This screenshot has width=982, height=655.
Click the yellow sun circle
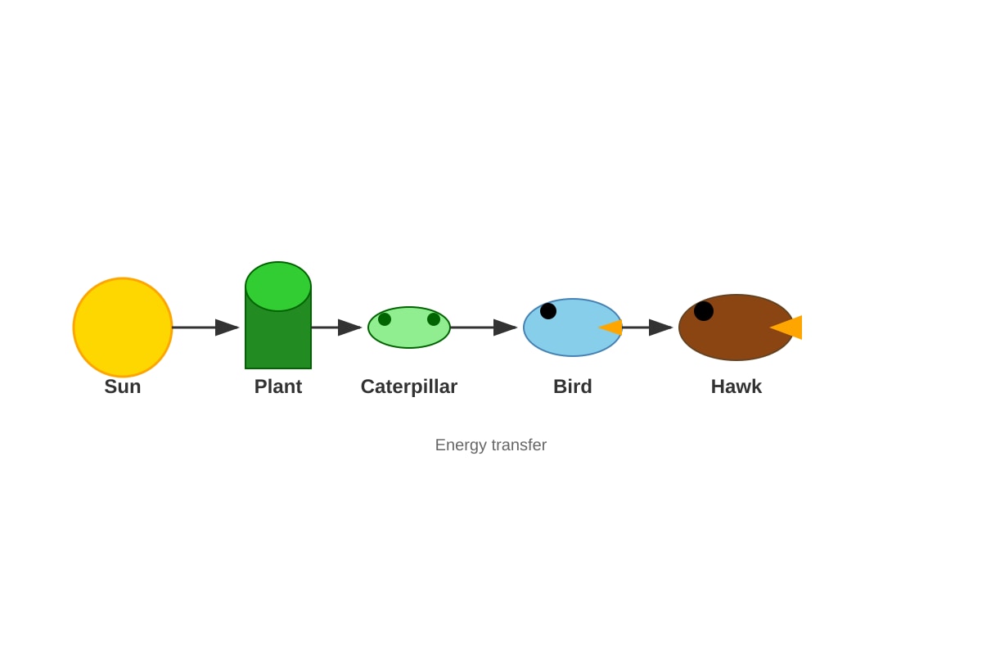pyautogui.click(x=123, y=327)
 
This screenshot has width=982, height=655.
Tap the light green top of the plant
pyautogui.click(x=278, y=286)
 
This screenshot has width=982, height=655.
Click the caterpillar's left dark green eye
pyautogui.click(x=385, y=319)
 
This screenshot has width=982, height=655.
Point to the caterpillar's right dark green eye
pyautogui.click(x=434, y=319)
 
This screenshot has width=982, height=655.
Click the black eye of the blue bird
pyautogui.click(x=548, y=311)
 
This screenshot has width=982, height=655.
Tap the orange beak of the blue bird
pyautogui.click(x=610, y=327)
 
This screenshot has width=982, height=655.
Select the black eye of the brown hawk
pyautogui.click(x=704, y=311)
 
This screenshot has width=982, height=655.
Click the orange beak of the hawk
pyautogui.click(x=786, y=327)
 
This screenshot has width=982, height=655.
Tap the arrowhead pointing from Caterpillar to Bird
pyautogui.click(x=505, y=327)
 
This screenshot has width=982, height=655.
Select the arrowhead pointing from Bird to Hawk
pyautogui.click(x=660, y=327)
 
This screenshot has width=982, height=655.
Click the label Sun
pyautogui.click(x=123, y=386)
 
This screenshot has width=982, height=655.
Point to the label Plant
pyautogui.click(x=278, y=386)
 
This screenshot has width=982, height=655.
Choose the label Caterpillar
pyautogui.click(x=409, y=387)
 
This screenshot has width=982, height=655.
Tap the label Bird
pyautogui.click(x=573, y=386)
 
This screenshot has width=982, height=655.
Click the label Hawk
pyautogui.click(x=736, y=386)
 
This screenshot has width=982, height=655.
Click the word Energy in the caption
pyautogui.click(x=462, y=445)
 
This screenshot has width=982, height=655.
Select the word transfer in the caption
pyautogui.click(x=519, y=445)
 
